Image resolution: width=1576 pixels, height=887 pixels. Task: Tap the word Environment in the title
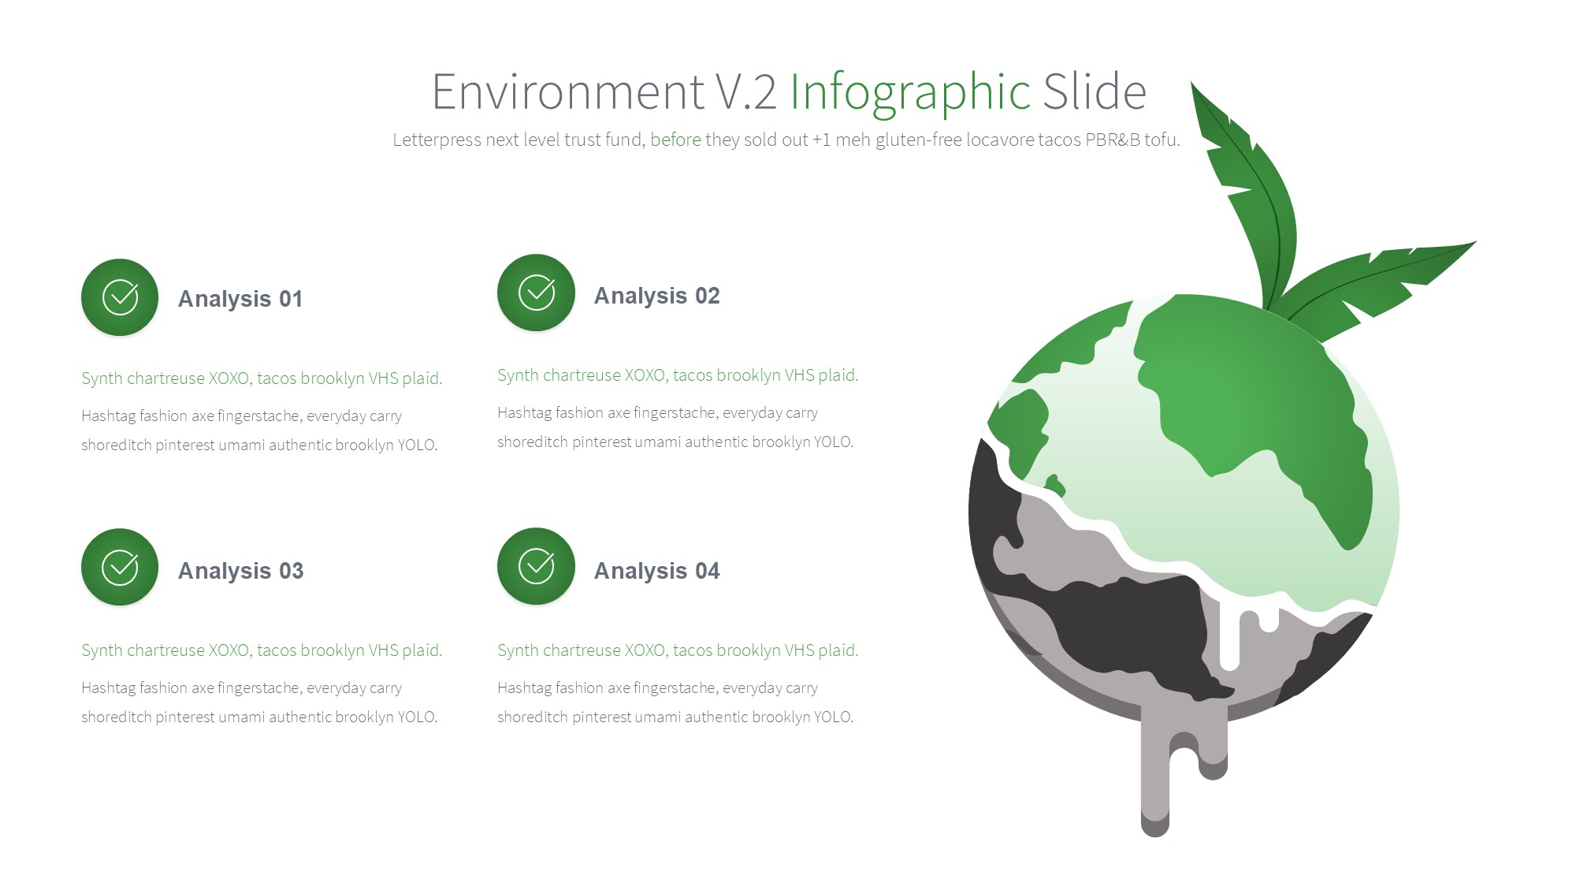(568, 91)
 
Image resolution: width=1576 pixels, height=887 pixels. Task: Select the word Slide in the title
(1095, 91)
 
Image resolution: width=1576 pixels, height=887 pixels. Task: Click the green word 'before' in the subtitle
(675, 140)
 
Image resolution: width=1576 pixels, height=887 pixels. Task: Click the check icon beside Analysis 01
(120, 297)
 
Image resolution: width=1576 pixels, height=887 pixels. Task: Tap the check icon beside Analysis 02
(536, 293)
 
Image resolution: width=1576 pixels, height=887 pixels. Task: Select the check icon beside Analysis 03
(120, 567)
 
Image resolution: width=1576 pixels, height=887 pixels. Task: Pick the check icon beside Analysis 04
(536, 566)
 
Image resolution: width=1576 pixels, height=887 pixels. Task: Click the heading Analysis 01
(240, 299)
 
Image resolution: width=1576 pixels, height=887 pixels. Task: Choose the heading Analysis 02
(656, 296)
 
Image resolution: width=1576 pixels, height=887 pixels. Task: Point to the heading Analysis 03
(240, 571)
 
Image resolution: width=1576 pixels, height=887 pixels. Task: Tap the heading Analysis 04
(656, 571)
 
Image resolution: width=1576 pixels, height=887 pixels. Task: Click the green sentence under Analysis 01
(262, 378)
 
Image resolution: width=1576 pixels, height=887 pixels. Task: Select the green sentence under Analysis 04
(678, 650)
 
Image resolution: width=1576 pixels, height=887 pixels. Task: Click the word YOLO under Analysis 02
(834, 442)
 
